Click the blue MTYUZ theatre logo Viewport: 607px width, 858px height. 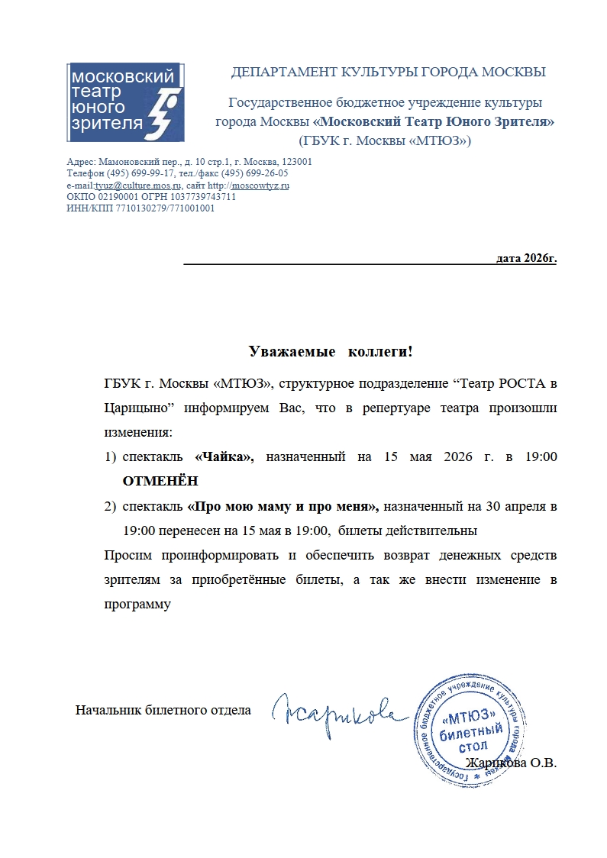tap(124, 102)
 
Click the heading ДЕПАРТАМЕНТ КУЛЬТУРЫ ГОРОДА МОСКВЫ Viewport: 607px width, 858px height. tap(388, 73)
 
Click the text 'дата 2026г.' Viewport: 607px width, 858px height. tap(526, 258)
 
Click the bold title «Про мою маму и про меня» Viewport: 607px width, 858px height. tap(283, 505)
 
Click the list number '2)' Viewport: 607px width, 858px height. tap(110, 505)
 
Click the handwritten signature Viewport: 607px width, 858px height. tap(336, 711)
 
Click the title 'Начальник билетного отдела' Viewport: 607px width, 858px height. tap(163, 711)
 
